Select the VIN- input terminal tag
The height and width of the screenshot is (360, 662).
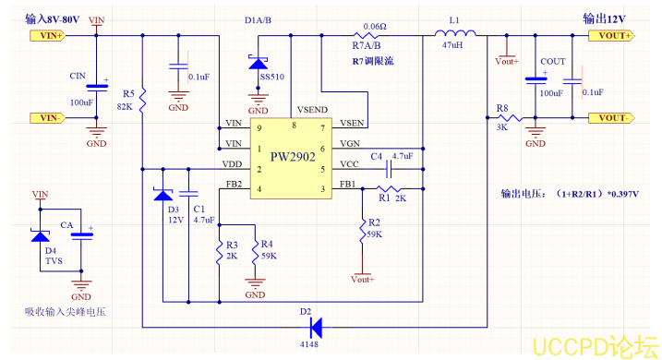(46, 117)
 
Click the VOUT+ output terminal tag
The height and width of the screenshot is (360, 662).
(611, 36)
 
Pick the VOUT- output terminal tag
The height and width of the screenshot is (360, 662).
(611, 118)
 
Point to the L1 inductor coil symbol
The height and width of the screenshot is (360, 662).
(455, 35)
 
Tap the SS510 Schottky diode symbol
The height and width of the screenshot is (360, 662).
(257, 62)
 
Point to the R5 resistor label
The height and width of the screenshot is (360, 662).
(128, 94)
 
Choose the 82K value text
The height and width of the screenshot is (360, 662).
(125, 107)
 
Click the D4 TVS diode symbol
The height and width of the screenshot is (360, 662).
(40, 235)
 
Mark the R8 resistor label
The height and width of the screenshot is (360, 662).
(502, 109)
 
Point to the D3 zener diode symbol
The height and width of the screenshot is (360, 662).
(163, 195)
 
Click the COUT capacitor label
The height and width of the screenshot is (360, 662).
(553, 62)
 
